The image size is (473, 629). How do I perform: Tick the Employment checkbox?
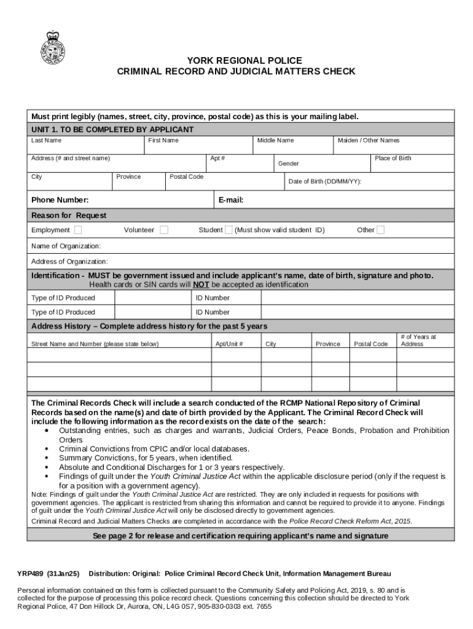pos(78,230)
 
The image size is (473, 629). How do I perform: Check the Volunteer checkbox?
pos(164,230)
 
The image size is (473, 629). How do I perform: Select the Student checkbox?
pos(229,230)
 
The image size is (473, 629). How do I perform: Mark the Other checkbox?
pos(381,230)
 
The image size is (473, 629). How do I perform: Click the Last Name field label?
pos(47,141)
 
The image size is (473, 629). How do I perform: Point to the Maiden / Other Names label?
pos(368,141)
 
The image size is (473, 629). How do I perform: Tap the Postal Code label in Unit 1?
pos(186,177)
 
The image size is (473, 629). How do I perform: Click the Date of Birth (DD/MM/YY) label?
pos(324,182)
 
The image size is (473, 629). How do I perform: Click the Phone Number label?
pos(60,200)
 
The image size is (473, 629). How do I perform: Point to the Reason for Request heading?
pos(69,216)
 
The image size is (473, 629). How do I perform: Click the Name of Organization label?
pos(66,246)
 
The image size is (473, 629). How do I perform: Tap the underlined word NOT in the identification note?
pos(201,285)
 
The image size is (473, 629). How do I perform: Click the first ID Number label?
pos(213,298)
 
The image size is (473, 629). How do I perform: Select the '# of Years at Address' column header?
pos(418,340)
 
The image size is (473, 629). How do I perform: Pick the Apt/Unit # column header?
pos(229,344)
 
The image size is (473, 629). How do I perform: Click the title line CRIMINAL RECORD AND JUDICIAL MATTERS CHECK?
pos(236,72)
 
